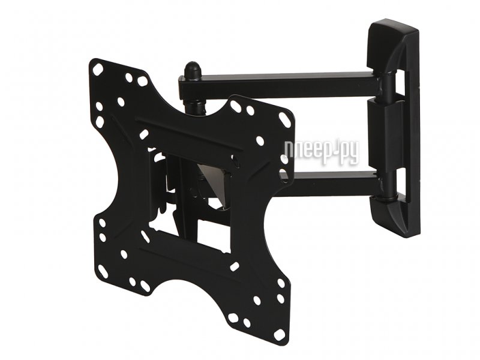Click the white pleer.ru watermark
tap(321, 151)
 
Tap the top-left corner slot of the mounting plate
tap(98, 69)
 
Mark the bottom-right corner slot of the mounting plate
tap(279, 334)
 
